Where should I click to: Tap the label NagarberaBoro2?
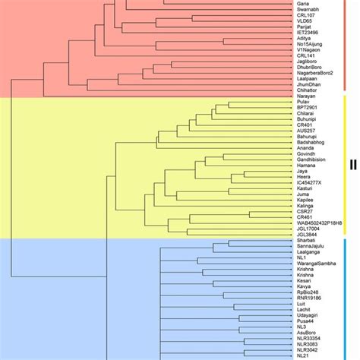tap(315, 73)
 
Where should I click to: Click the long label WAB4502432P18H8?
tap(319, 223)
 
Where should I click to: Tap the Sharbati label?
tap(306, 242)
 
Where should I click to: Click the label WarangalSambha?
tap(317, 263)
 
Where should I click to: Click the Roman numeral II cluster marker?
tap(352, 164)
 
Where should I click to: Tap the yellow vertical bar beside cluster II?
tap(343, 165)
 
